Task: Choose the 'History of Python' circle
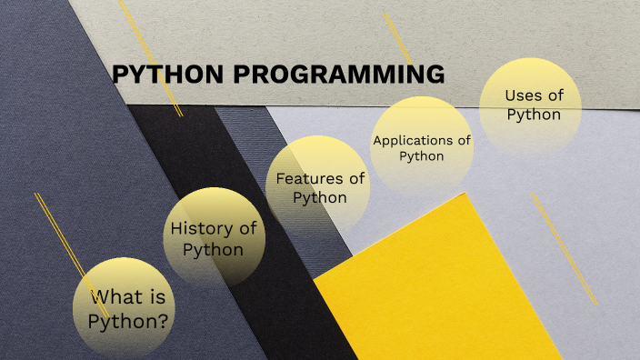[x=215, y=238]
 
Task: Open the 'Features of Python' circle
[x=319, y=186]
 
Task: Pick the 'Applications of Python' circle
[x=422, y=147]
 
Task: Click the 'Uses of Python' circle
[x=532, y=105]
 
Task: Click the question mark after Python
[x=165, y=320]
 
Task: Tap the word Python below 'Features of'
[x=319, y=197]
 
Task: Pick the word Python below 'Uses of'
[x=533, y=115]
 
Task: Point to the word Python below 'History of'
[x=213, y=249]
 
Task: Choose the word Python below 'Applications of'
[x=422, y=156]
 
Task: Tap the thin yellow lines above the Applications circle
[x=398, y=36]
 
